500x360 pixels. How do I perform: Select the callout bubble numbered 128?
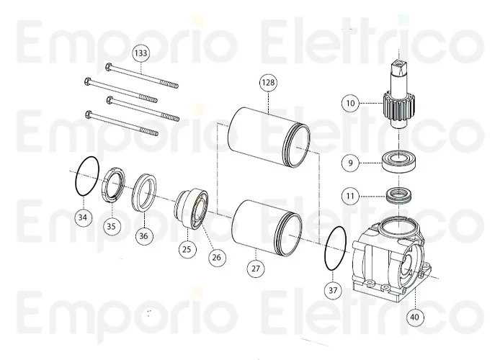[x=268, y=84]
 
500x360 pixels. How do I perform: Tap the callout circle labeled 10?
[x=350, y=104]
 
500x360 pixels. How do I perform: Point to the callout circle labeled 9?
[x=350, y=163]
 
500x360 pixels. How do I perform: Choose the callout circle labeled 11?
[x=350, y=195]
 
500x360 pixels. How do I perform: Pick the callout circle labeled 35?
[x=111, y=225]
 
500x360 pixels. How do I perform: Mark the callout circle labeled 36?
[x=143, y=235]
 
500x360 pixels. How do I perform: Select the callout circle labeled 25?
[x=187, y=249]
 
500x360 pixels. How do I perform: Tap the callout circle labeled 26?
[x=217, y=257]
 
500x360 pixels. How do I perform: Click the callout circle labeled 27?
[x=257, y=268]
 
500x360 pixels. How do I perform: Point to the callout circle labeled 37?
[x=332, y=290]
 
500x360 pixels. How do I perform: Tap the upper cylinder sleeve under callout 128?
[x=269, y=133]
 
